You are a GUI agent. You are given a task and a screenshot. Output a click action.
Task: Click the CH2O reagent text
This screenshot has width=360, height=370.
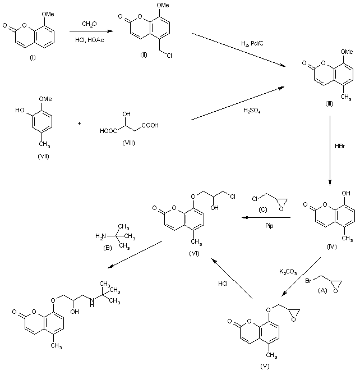point(89,23)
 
